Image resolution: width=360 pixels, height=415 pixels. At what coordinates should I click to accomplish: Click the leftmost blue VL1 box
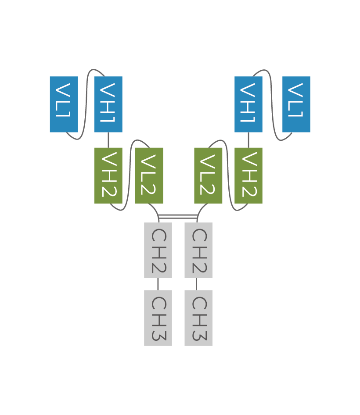pos(64,104)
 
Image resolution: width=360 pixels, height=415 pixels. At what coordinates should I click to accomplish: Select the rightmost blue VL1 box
pos(296,104)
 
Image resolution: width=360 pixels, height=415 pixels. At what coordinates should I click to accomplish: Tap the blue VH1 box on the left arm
pos(108,104)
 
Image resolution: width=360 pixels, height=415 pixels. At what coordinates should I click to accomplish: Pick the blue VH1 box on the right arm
pos(248,104)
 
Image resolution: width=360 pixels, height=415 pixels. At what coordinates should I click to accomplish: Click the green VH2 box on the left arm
pos(108,175)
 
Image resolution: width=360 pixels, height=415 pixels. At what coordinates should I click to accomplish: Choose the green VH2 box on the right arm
pos(248,175)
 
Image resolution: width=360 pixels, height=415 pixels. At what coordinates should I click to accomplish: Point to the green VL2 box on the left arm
pos(149,175)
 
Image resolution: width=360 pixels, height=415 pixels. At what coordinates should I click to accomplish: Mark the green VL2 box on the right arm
pos(208,175)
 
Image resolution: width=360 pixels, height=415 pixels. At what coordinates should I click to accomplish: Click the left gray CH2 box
pos(158,250)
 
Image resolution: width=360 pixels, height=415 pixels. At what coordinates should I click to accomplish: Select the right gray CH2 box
pos(198,250)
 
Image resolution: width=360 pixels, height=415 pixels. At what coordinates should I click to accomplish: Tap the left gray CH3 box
pos(158,318)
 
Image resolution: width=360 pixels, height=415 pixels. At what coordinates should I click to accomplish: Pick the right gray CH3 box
pos(198,318)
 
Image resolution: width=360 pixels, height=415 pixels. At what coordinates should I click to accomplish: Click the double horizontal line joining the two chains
pos(178,216)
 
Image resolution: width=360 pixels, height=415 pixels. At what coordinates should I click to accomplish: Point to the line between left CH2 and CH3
pos(158,284)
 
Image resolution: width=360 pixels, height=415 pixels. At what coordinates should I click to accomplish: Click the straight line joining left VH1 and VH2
pos(108,140)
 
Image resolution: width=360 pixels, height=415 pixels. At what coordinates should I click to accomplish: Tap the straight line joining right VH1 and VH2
pos(248,140)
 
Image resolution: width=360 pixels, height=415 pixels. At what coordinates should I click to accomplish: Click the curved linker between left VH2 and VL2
pos(129,175)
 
